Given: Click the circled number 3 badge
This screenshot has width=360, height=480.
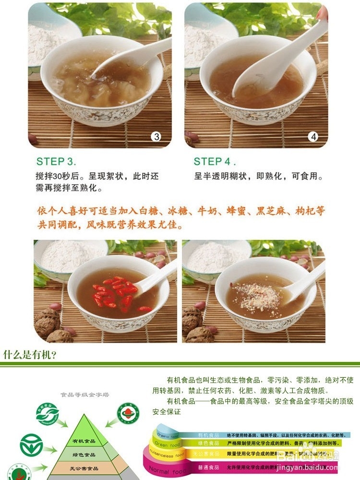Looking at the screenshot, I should (x=156, y=136).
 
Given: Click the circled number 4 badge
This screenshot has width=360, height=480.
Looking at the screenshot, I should (x=313, y=136).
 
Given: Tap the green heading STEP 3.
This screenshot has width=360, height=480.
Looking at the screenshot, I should (x=56, y=161).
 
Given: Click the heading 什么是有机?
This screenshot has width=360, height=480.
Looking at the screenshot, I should (x=30, y=355).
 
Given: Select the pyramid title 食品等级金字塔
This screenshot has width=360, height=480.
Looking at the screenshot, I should (x=84, y=395).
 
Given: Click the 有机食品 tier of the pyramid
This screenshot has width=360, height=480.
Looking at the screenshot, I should (x=84, y=441).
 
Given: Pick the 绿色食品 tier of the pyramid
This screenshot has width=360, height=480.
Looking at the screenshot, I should (x=84, y=454).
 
